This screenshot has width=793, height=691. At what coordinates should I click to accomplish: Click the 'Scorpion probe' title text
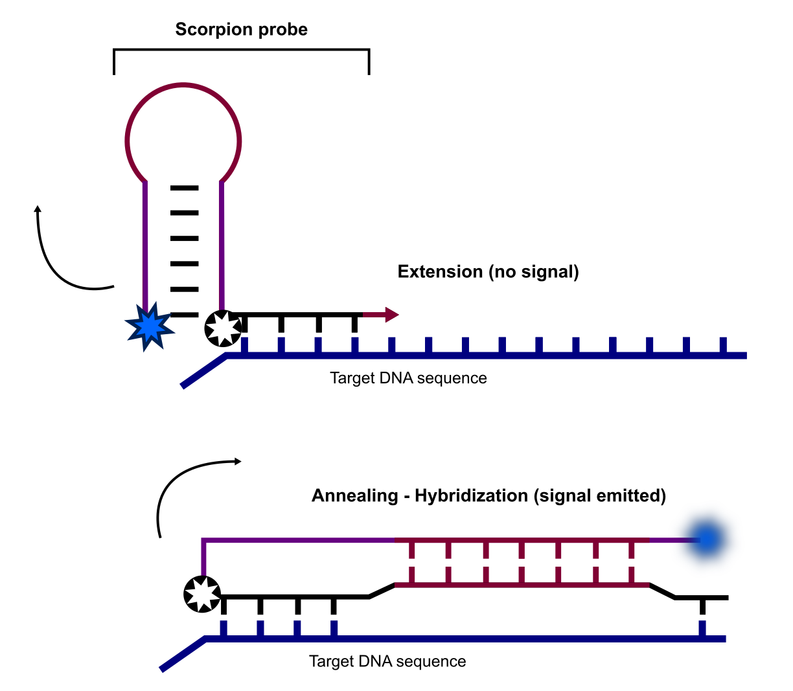pyautogui.click(x=241, y=30)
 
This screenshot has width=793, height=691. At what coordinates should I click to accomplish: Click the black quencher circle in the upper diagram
pyautogui.click(x=223, y=328)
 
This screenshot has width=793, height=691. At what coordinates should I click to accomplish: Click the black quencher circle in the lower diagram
pyautogui.click(x=202, y=594)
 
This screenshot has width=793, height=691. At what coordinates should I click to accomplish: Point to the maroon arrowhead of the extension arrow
pyautogui.click(x=391, y=315)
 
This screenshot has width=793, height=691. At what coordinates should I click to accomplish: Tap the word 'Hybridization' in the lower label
pyautogui.click(x=471, y=496)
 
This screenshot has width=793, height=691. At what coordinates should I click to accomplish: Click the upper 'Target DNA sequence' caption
pyautogui.click(x=408, y=378)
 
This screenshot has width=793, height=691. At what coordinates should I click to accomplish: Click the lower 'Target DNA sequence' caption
pyautogui.click(x=387, y=662)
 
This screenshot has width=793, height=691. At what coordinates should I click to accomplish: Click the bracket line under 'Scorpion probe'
pyautogui.click(x=241, y=49)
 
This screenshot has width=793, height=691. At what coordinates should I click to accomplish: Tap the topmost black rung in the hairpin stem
pyautogui.click(x=184, y=188)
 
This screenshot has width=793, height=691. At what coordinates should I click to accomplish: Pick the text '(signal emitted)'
pyautogui.click(x=600, y=496)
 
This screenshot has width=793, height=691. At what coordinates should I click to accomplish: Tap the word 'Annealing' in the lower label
pyautogui.click(x=354, y=496)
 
